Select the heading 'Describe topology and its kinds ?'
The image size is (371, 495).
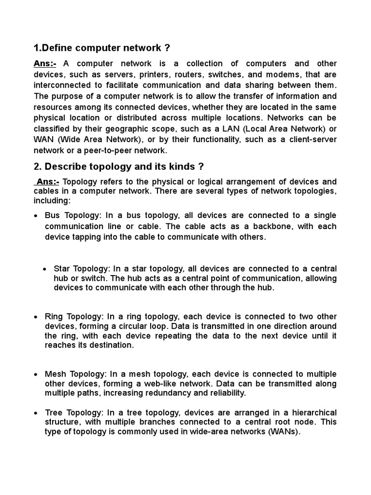click(x=119, y=167)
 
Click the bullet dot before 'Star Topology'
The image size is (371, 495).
click(x=45, y=269)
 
